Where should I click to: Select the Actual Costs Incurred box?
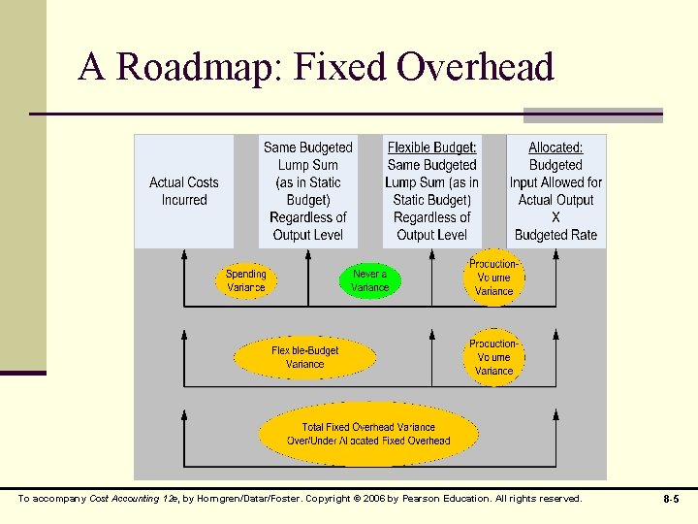point(184,191)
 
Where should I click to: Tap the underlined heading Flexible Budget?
point(431,147)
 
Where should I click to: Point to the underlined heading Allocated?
point(555,147)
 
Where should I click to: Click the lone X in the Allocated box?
point(555,217)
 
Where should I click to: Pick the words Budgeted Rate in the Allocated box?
point(555,235)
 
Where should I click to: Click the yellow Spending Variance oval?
point(245,280)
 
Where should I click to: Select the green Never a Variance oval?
point(369,280)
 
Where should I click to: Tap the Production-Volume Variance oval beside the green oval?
point(493,278)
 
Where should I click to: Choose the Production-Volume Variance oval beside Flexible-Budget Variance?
point(493,357)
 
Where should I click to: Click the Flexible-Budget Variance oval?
point(305,357)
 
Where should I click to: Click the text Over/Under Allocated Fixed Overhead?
point(368,441)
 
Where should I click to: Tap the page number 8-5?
point(670,499)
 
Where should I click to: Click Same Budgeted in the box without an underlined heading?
point(308,147)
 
